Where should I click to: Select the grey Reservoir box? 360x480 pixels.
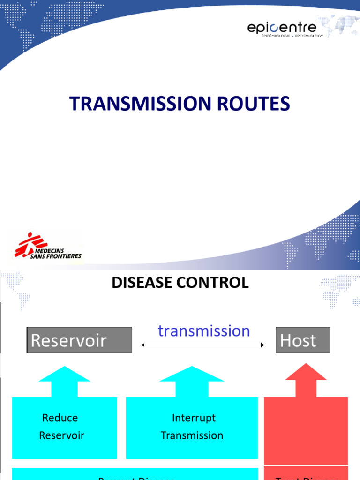pyautogui.click(x=79, y=340)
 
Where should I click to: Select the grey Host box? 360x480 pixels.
pyautogui.click(x=303, y=340)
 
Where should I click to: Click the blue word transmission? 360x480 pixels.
pyautogui.click(x=204, y=331)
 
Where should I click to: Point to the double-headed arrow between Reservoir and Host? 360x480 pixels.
pyautogui.click(x=202, y=345)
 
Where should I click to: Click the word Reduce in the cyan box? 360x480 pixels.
pyautogui.click(x=60, y=418)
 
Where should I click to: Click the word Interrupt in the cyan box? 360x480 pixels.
pyautogui.click(x=194, y=418)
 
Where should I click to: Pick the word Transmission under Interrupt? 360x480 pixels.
pyautogui.click(x=192, y=435)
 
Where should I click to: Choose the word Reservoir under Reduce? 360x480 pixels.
pyautogui.click(x=61, y=435)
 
